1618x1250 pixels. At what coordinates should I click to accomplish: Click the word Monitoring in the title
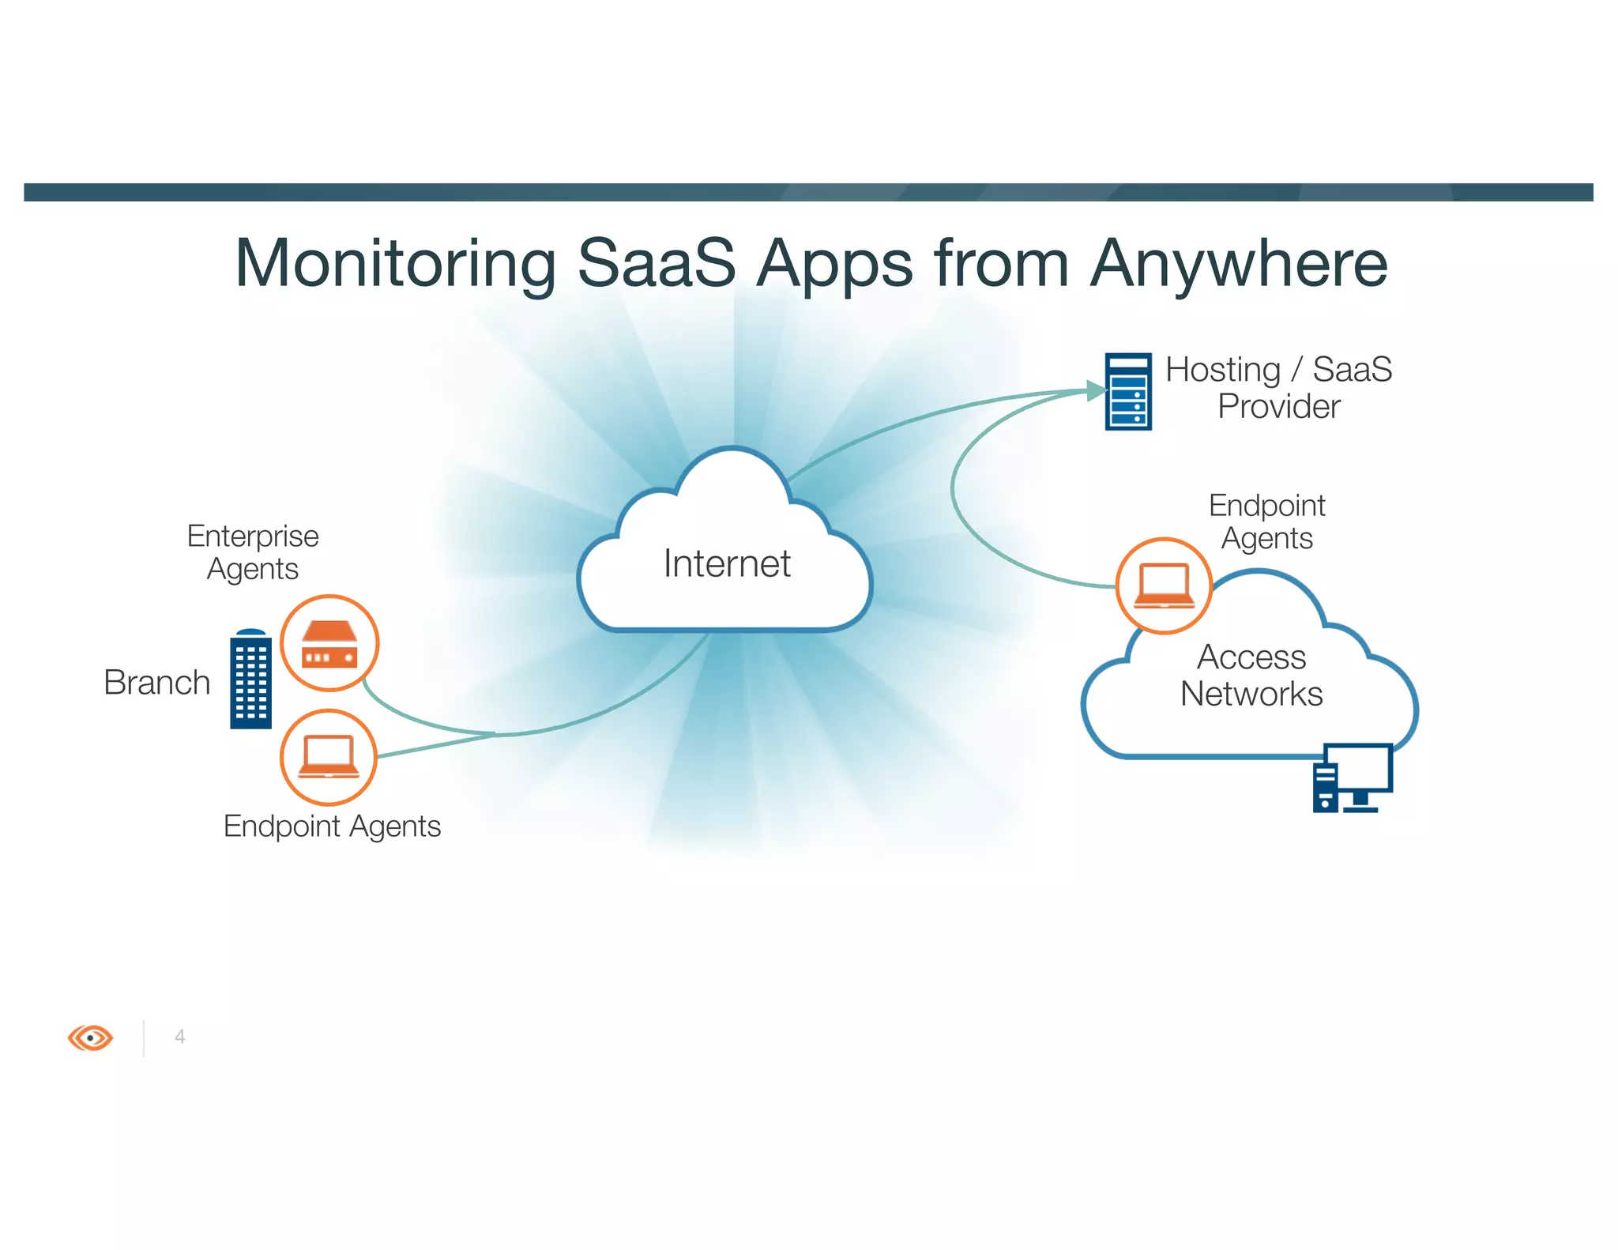tap(395, 265)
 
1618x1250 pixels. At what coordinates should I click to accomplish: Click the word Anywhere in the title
tap(1238, 265)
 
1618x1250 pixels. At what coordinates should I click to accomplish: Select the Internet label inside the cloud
tap(726, 563)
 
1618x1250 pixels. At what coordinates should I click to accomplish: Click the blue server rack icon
tap(1127, 392)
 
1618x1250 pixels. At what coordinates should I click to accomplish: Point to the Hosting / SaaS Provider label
tap(1278, 388)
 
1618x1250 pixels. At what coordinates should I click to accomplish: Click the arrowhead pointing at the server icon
tap(1096, 390)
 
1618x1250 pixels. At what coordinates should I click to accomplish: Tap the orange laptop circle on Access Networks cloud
tap(1164, 585)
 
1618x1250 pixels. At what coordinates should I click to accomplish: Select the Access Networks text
tap(1251, 676)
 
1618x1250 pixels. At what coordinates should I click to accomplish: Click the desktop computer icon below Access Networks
tap(1352, 777)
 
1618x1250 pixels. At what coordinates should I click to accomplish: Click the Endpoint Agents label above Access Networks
tap(1266, 521)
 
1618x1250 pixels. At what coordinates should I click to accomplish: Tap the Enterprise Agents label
tap(253, 552)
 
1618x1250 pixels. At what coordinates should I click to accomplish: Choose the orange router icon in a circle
tap(329, 643)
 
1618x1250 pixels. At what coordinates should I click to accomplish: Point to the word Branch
tap(156, 683)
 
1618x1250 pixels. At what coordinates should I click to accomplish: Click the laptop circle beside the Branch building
tap(329, 757)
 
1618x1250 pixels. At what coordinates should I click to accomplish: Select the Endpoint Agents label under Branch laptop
tap(332, 826)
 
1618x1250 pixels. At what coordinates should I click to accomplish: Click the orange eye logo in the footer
tap(91, 1037)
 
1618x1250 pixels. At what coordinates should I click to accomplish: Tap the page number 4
tap(180, 1037)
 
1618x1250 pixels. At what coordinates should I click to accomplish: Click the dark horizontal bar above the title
tap(808, 192)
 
